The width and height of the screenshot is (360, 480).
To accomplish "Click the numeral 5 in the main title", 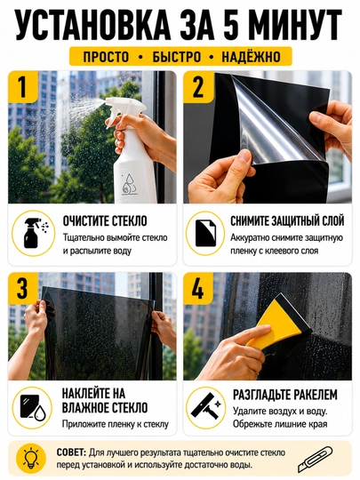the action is (x=230, y=25).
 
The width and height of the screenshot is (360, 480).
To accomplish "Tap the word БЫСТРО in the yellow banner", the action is (x=177, y=57).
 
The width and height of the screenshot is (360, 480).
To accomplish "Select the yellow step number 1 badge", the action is (x=22, y=87).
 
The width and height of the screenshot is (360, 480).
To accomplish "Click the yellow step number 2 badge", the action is (x=198, y=87).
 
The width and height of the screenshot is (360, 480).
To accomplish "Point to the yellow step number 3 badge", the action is (x=22, y=288).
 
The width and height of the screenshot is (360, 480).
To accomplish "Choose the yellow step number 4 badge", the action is (x=198, y=288).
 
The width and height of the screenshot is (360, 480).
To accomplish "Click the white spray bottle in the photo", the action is (x=132, y=150).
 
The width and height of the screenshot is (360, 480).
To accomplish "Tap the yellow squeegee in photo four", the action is (x=280, y=322).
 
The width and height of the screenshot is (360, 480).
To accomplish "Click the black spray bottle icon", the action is (x=34, y=233).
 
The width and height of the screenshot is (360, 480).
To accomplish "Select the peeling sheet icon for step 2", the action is (x=205, y=233).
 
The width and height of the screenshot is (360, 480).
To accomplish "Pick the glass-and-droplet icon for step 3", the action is (x=33, y=407).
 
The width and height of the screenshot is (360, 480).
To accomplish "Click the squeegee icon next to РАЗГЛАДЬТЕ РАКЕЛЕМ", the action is (x=205, y=407).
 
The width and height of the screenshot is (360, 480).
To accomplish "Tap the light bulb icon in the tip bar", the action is (x=31, y=459).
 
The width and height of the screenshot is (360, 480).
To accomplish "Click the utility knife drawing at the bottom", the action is (x=315, y=459).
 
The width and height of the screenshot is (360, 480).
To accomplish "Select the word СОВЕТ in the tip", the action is (x=71, y=452).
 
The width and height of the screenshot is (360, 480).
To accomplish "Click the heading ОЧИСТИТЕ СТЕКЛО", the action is (x=105, y=220).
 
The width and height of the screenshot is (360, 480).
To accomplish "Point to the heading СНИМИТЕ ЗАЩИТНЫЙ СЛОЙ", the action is (x=287, y=220).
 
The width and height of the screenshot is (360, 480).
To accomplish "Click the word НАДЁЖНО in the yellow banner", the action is (x=251, y=57).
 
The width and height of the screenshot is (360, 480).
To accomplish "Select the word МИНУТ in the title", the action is (x=297, y=25).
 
